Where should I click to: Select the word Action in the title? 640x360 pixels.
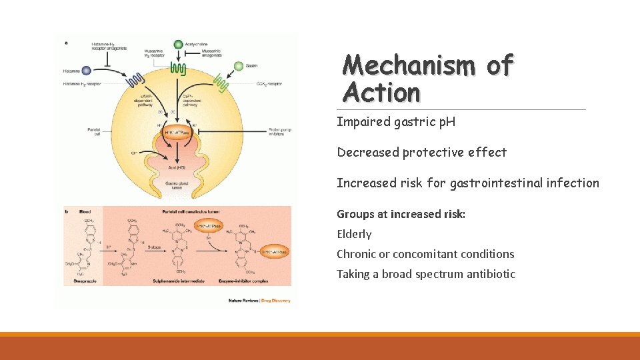click(382, 92)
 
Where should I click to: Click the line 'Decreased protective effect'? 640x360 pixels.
click(421, 152)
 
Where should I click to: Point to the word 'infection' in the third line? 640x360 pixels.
click(573, 183)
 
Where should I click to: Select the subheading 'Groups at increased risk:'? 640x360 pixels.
click(401, 214)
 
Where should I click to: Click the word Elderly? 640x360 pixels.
click(354, 234)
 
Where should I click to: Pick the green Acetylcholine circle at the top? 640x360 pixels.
click(178, 45)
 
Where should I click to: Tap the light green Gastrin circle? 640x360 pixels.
click(239, 65)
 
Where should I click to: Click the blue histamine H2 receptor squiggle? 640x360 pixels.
click(135, 80)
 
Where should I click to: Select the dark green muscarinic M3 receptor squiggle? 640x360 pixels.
click(178, 67)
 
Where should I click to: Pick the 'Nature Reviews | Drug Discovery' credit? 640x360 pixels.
click(259, 301)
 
